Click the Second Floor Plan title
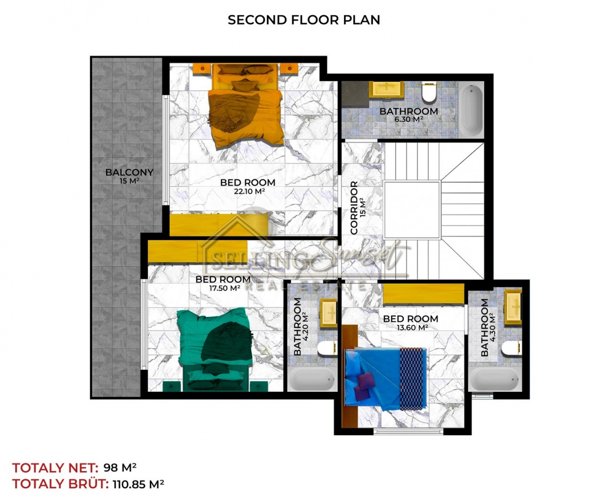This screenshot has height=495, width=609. (304, 20)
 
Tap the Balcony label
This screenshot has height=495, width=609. (129, 173)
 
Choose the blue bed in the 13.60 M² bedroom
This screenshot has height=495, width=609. (386, 378)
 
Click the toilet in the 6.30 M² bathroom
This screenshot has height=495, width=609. (429, 92)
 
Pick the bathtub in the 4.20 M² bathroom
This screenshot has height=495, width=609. (312, 379)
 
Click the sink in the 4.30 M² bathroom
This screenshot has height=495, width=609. (513, 307)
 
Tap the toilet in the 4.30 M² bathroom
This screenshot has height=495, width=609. (511, 349)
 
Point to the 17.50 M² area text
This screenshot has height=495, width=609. (225, 288)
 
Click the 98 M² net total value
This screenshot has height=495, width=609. (120, 468)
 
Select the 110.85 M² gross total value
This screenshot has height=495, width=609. (139, 484)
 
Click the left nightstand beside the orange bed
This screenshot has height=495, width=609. (202, 69)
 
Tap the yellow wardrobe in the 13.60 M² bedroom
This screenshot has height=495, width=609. (423, 293)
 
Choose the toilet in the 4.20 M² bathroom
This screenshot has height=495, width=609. (327, 349)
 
